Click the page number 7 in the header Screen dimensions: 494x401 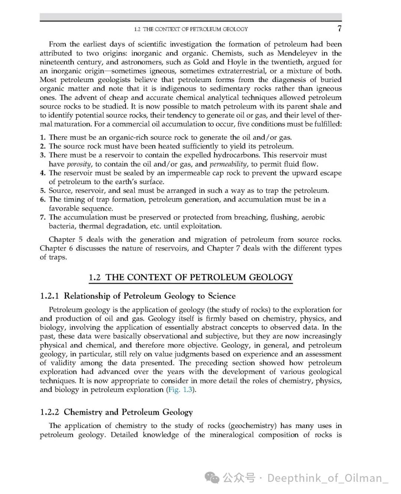pos(339,29)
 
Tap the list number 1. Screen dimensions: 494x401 pos(43,138)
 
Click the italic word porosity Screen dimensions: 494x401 pos(79,164)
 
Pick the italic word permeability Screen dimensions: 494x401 pos(228,164)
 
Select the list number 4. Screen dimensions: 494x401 pos(43,173)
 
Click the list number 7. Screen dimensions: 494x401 pos(43,217)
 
